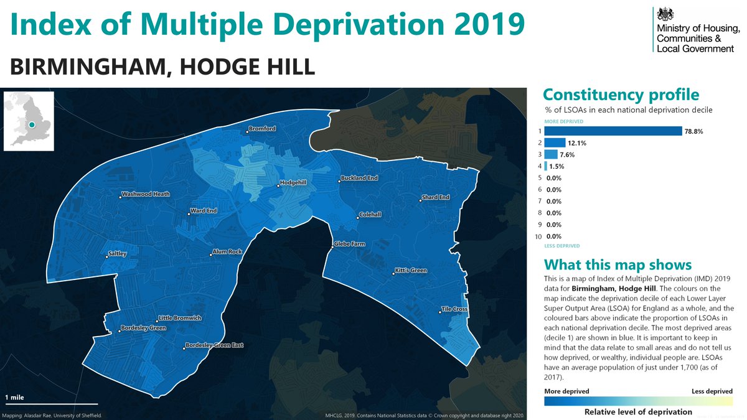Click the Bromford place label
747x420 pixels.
(261, 129)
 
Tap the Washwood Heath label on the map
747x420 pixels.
(146, 194)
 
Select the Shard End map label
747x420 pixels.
(435, 198)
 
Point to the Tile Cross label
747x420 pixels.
(454, 309)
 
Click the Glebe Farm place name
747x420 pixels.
(349, 244)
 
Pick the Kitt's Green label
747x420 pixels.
(410, 271)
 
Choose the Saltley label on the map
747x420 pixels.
(117, 253)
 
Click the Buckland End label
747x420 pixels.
(359, 179)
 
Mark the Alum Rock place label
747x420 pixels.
(227, 252)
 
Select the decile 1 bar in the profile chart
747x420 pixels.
(613, 131)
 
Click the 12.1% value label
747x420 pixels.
(577, 143)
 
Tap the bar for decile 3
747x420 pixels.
(551, 154)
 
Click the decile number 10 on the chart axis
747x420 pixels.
(538, 236)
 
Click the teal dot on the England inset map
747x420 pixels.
(31, 124)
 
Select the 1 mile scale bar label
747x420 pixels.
(16, 397)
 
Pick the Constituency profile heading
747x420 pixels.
(621, 95)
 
